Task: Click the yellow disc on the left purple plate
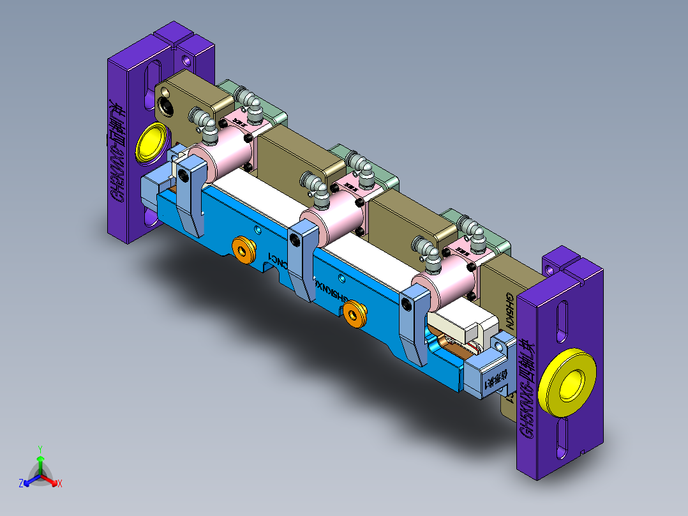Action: click(152, 142)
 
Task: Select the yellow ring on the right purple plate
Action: click(567, 384)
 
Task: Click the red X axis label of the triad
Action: click(59, 484)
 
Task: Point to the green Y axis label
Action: click(40, 448)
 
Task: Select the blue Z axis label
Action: click(21, 483)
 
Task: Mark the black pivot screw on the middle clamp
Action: click(294, 239)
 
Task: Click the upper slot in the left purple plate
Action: click(154, 79)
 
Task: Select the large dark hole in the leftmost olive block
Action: click(168, 105)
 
